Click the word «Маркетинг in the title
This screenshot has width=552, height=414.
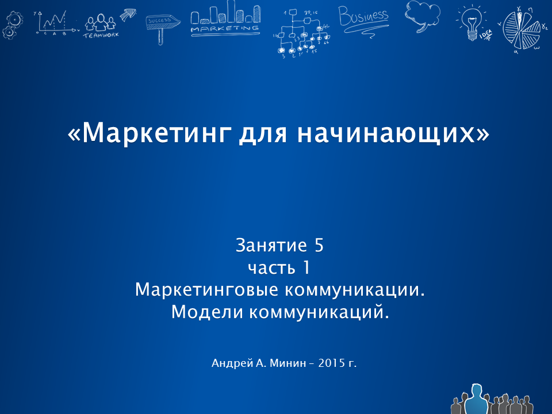pyautogui.click(x=149, y=133)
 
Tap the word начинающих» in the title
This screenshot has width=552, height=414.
pyautogui.click(x=393, y=133)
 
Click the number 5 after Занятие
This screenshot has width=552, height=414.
pyautogui.click(x=319, y=245)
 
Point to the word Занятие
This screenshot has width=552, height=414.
pyautogui.click(x=271, y=246)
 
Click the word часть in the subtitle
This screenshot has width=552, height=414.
pyautogui.click(x=271, y=269)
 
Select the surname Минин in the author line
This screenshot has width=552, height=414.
pyautogui.click(x=287, y=363)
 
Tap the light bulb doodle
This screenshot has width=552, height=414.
pyautogui.click(x=472, y=22)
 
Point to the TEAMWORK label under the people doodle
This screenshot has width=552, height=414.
pyautogui.click(x=101, y=35)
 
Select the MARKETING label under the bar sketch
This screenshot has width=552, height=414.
pyautogui.click(x=225, y=29)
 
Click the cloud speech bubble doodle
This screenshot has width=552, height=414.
pyautogui.click(x=422, y=15)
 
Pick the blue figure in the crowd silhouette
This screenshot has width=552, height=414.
pyautogui.click(x=476, y=400)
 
